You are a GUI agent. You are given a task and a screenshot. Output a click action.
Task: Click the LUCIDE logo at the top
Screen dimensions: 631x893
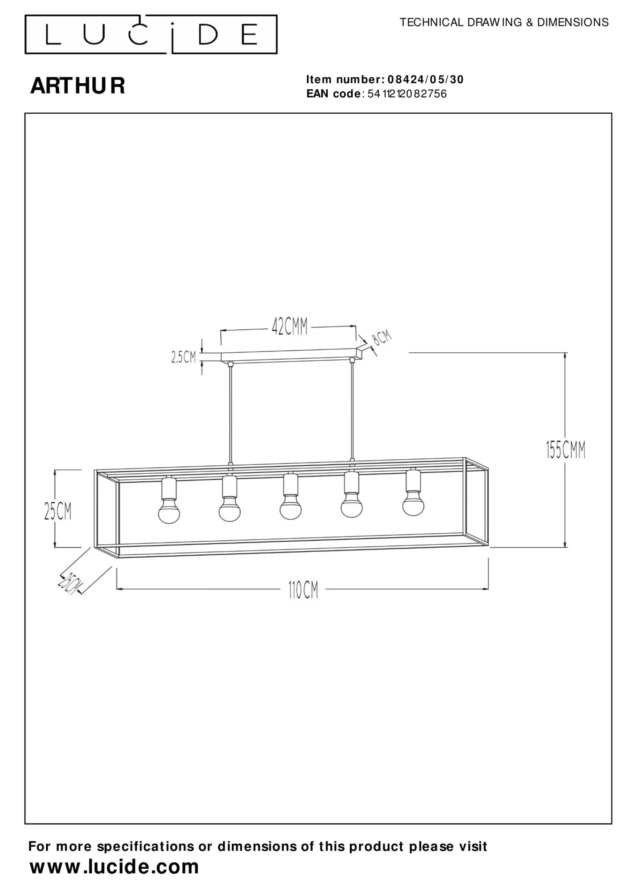click(151, 34)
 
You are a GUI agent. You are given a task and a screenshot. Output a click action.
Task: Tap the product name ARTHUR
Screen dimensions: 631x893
click(78, 85)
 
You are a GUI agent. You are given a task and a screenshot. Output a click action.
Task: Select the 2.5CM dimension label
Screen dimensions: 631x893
click(183, 357)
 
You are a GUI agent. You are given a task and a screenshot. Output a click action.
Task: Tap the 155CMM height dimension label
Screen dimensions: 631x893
click(565, 450)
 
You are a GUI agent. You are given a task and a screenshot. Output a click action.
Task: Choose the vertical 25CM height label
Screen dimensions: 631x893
click(58, 511)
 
